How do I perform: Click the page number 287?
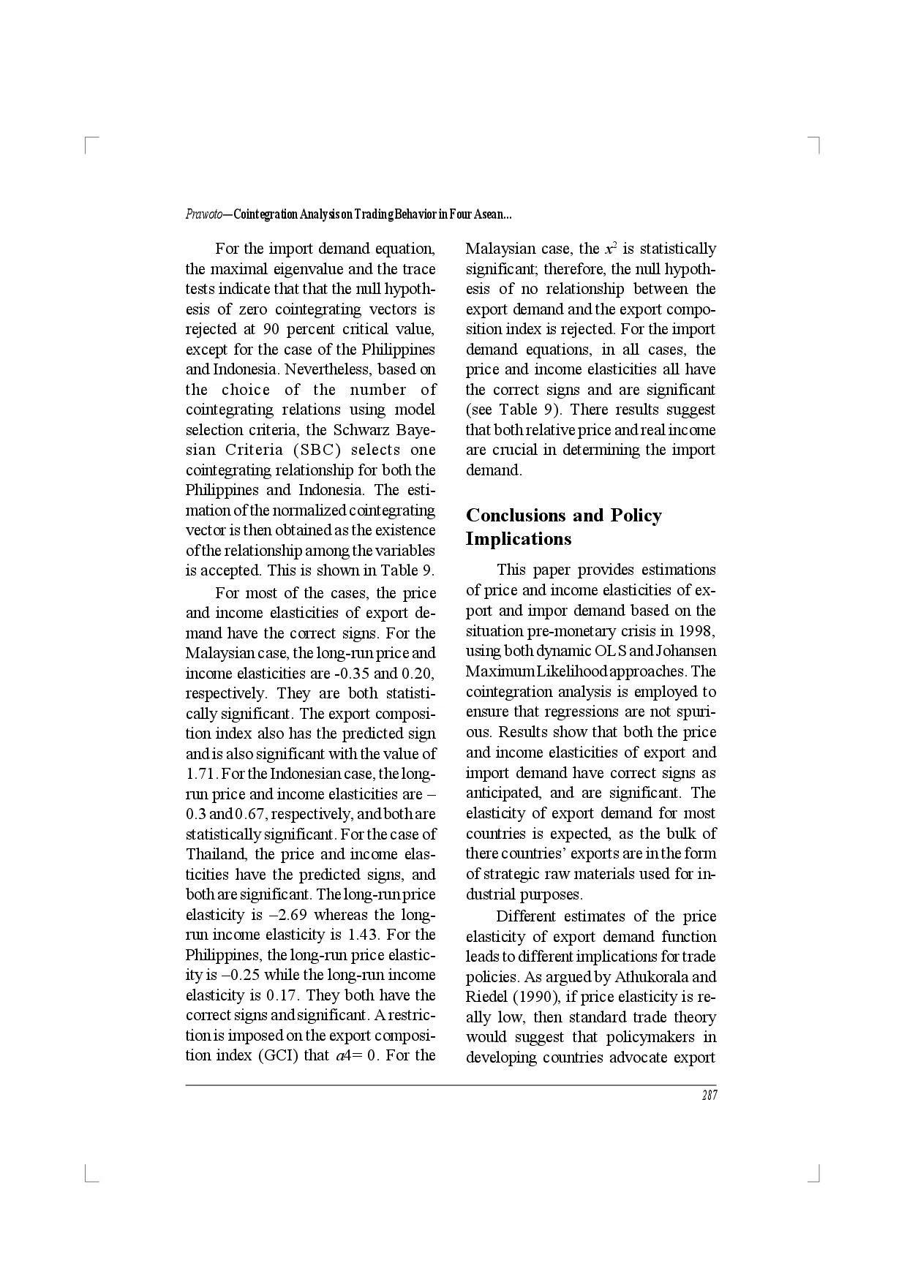coord(709,1096)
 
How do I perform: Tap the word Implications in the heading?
coord(519,539)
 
